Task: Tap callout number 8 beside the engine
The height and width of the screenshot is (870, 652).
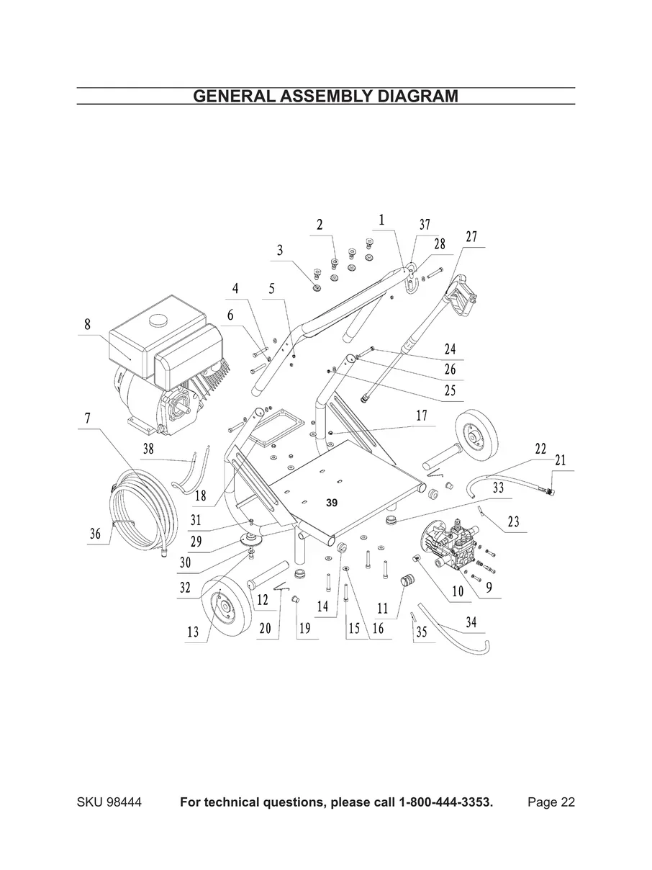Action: tap(87, 324)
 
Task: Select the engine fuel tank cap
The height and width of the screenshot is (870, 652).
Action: tap(157, 319)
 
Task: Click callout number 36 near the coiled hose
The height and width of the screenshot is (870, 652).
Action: tap(95, 534)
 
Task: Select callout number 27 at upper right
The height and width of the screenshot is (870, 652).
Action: tap(471, 237)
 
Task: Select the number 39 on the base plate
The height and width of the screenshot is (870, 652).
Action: tap(332, 503)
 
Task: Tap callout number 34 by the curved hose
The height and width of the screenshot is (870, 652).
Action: tap(471, 622)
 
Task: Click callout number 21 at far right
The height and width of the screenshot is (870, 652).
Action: tap(561, 460)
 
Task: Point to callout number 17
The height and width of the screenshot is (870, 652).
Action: tap(422, 416)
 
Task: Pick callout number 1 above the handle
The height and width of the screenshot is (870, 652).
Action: tap(381, 220)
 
